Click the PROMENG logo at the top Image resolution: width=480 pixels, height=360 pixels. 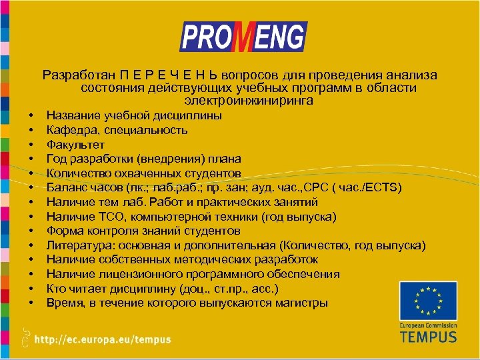(x=243, y=37)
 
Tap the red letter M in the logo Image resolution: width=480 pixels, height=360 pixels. (x=243, y=38)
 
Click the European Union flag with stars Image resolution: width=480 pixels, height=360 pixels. (x=428, y=301)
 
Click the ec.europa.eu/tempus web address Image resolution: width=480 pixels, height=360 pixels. (x=103, y=339)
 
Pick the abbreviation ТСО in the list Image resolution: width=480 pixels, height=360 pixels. (x=112, y=217)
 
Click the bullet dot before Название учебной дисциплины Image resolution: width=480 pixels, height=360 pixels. (x=31, y=115)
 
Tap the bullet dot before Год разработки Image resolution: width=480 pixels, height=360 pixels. (x=31, y=159)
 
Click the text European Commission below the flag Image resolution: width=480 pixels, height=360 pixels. (x=428, y=325)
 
